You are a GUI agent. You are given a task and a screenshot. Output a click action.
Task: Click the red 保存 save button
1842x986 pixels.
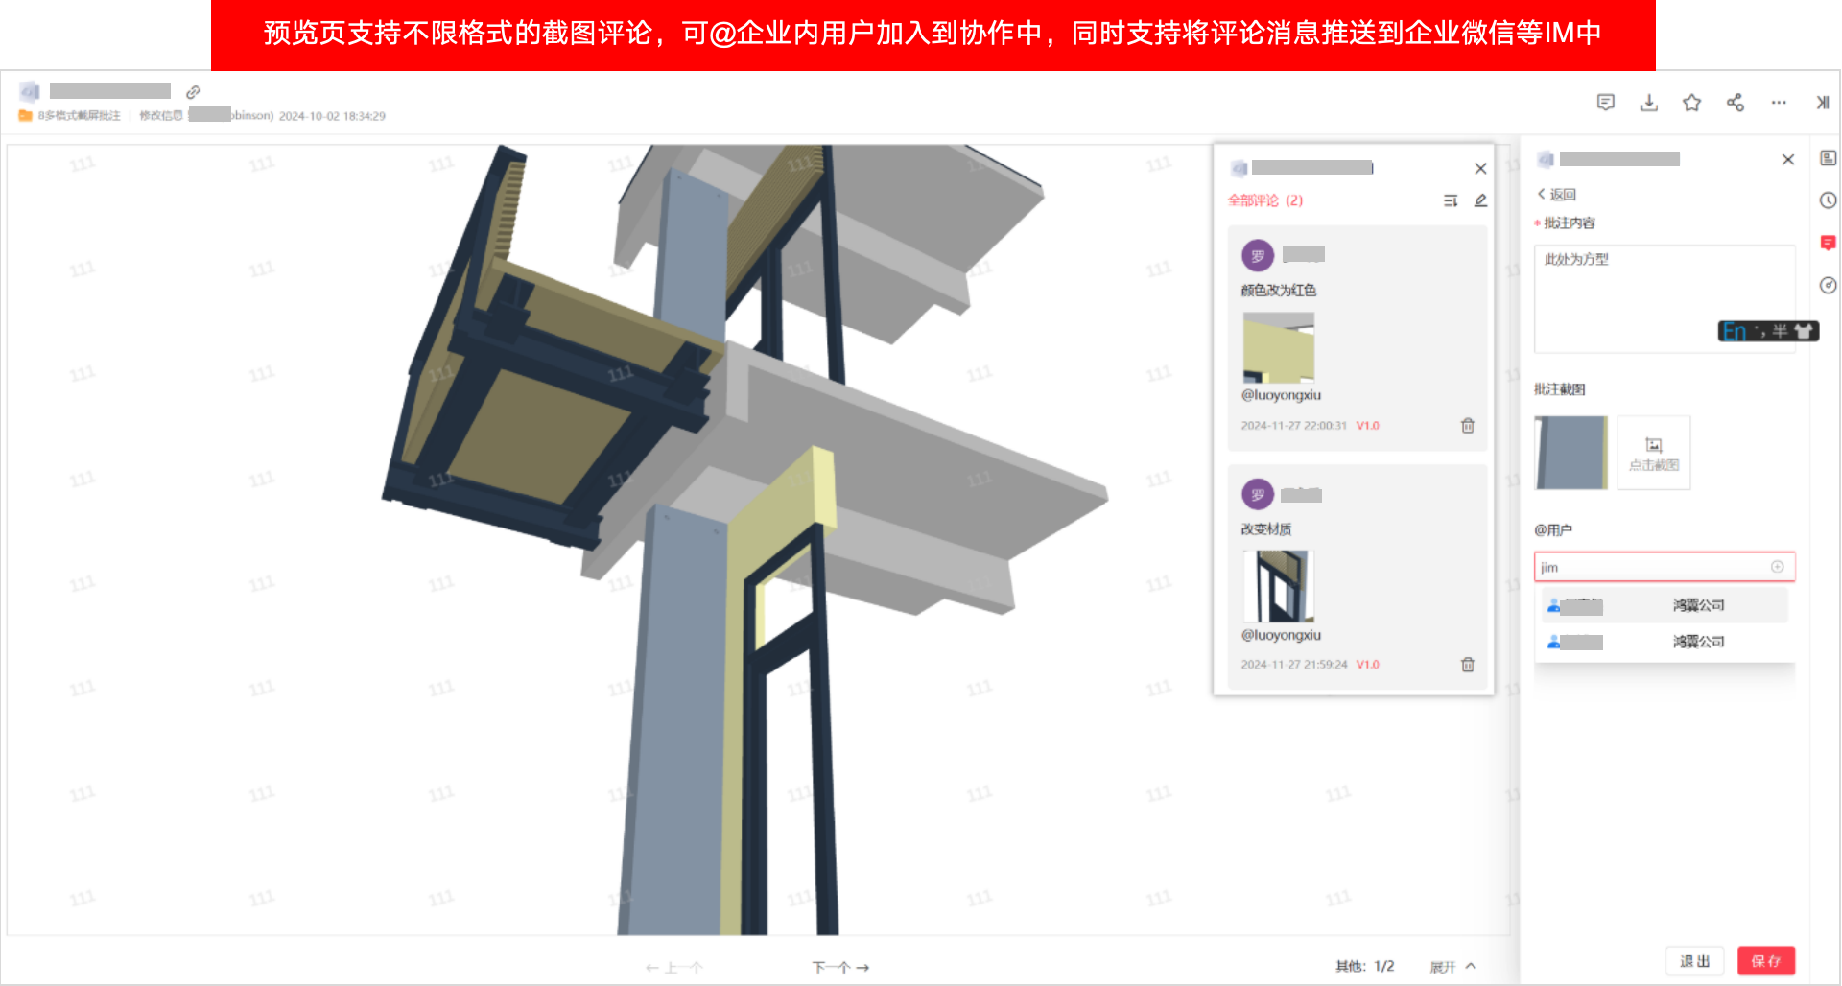1765,961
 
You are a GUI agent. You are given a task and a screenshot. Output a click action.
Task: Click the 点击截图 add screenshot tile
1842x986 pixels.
1654,453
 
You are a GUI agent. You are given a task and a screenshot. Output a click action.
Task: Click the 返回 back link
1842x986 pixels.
1557,194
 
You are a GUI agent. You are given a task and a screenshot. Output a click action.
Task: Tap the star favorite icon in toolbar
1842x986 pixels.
1691,103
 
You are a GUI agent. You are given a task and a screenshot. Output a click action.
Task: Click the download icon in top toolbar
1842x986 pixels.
1648,103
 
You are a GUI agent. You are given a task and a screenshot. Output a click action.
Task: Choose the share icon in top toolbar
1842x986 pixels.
1735,103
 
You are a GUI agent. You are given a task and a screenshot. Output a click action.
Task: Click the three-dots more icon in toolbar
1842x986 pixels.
1779,103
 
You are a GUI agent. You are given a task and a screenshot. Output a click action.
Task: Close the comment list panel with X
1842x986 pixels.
1480,169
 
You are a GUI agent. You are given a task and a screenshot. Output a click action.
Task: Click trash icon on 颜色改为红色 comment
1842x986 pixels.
1467,426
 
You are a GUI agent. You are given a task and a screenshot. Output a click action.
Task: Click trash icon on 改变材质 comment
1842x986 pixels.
1467,665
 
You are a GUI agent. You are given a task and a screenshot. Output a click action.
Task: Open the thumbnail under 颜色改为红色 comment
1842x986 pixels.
1278,348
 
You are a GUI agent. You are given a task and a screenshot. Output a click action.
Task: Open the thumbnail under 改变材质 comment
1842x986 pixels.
1278,586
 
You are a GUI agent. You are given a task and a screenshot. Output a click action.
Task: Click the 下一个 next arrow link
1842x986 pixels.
840,968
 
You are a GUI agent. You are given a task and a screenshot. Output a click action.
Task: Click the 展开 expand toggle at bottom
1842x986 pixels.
1452,967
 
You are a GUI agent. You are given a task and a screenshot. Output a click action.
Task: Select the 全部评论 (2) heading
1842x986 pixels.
1265,200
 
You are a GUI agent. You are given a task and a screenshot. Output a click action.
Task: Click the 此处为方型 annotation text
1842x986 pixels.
1576,259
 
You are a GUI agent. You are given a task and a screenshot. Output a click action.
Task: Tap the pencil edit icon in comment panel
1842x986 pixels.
1480,200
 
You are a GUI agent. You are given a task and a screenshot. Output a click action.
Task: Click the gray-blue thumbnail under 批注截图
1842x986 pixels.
1570,453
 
